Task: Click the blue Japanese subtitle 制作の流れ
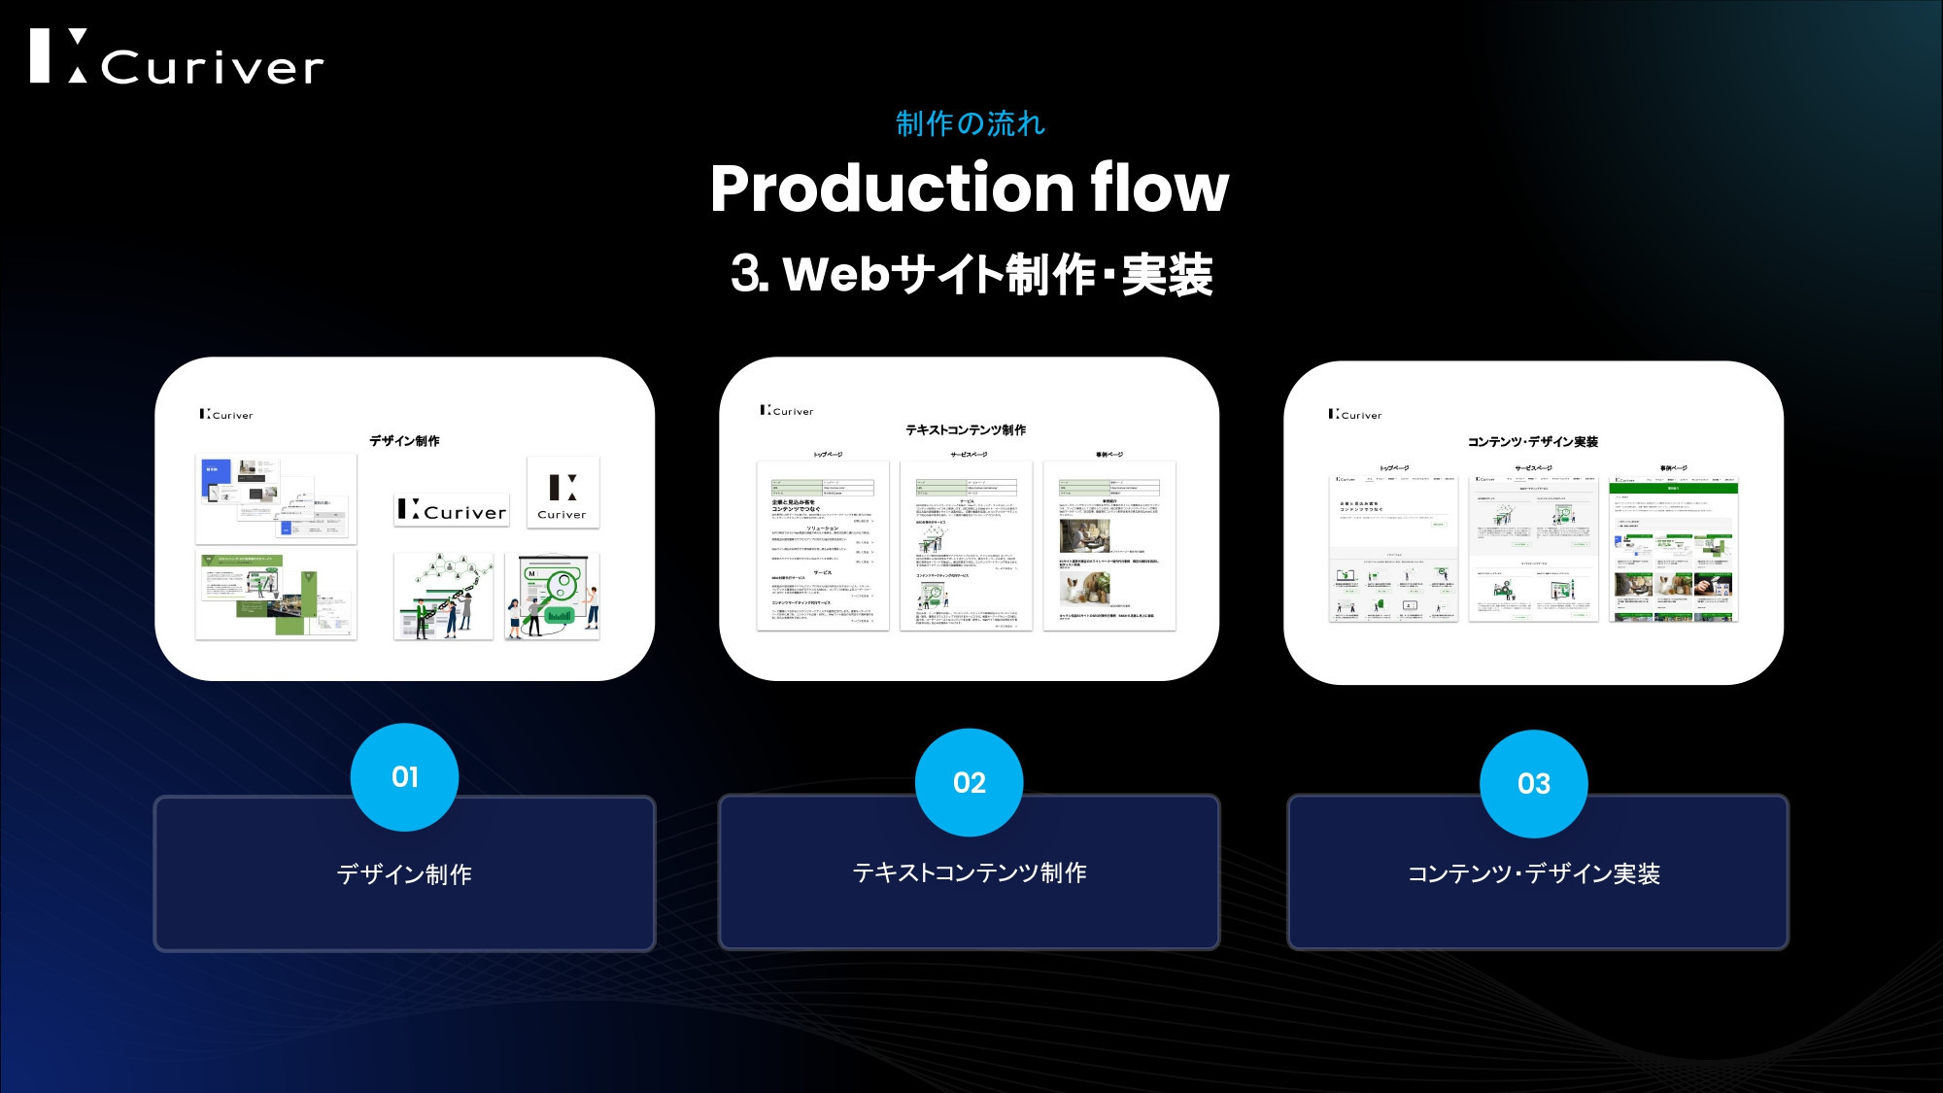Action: (970, 123)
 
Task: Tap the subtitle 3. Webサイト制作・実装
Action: (971, 274)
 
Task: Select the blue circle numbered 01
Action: (404, 777)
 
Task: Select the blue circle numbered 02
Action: (969, 782)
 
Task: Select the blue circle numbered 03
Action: (1533, 783)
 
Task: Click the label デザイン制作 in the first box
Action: (404, 874)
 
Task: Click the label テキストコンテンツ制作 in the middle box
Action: (969, 872)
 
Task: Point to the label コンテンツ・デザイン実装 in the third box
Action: (1533, 873)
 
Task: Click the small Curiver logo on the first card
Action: (226, 415)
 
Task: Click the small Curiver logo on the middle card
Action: (787, 411)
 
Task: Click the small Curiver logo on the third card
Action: (1354, 415)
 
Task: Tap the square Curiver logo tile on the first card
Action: (562, 493)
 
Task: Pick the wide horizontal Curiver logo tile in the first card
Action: (452, 509)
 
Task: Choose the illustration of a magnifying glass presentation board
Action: (552, 597)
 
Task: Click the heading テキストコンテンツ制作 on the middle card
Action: (966, 429)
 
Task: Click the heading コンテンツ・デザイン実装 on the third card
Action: (1532, 441)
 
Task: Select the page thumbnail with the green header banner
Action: (1673, 549)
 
